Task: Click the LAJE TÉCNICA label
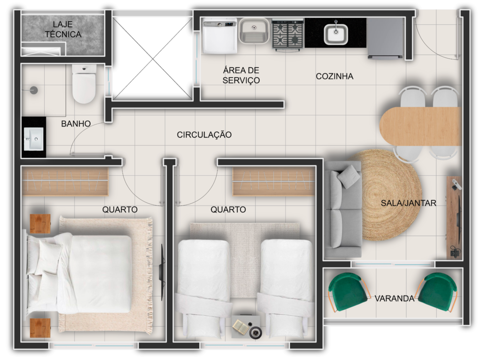[x=63, y=29]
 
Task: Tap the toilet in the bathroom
[x=84, y=84]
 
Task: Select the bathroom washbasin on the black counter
[x=34, y=139]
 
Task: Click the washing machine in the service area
[x=220, y=36]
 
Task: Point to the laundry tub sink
[x=254, y=31]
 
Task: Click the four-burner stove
[x=287, y=34]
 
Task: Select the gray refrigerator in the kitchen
[x=386, y=38]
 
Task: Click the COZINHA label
[x=334, y=76]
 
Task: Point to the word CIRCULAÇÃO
[x=204, y=134]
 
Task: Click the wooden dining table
[x=420, y=126]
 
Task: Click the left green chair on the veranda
[x=348, y=292]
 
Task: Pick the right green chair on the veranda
[x=437, y=292]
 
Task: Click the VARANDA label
[x=395, y=298]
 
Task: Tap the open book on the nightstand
[x=240, y=327]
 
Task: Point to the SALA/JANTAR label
[x=409, y=203]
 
